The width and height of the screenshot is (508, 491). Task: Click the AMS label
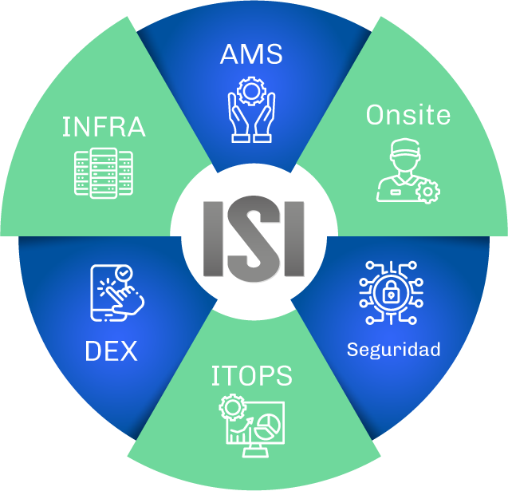pos(251,54)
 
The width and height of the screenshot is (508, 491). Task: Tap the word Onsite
pos(408,115)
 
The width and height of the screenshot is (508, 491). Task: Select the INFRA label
pos(104,126)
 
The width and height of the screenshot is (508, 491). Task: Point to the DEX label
pos(111,350)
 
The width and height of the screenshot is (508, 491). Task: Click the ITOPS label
pos(251,375)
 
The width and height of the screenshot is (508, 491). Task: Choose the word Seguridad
pos(394,350)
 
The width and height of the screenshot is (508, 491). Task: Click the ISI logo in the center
pos(254,239)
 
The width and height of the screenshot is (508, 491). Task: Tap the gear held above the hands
pos(251,91)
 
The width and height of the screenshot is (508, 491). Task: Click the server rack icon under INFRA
pos(104,173)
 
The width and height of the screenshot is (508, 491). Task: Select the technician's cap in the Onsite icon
pos(405,148)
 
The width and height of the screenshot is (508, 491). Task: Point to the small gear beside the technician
pos(427,192)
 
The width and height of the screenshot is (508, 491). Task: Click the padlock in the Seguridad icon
pos(391,291)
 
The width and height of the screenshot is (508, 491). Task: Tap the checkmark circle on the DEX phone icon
pos(124,273)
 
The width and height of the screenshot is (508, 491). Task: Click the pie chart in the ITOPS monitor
pos(267,427)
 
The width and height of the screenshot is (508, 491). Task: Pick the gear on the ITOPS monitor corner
pos(233,407)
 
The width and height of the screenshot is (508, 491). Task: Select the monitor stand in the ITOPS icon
pos(255,451)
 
